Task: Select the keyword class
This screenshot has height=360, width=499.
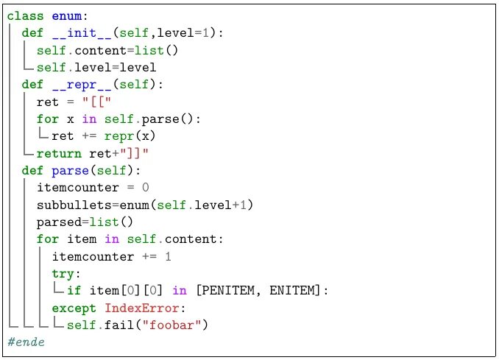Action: click(x=25, y=15)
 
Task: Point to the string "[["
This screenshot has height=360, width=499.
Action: click(x=99, y=102)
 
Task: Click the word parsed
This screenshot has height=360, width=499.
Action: click(x=58, y=222)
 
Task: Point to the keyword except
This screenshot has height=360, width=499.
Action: click(x=74, y=308)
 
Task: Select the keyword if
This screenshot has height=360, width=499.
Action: click(x=74, y=291)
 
